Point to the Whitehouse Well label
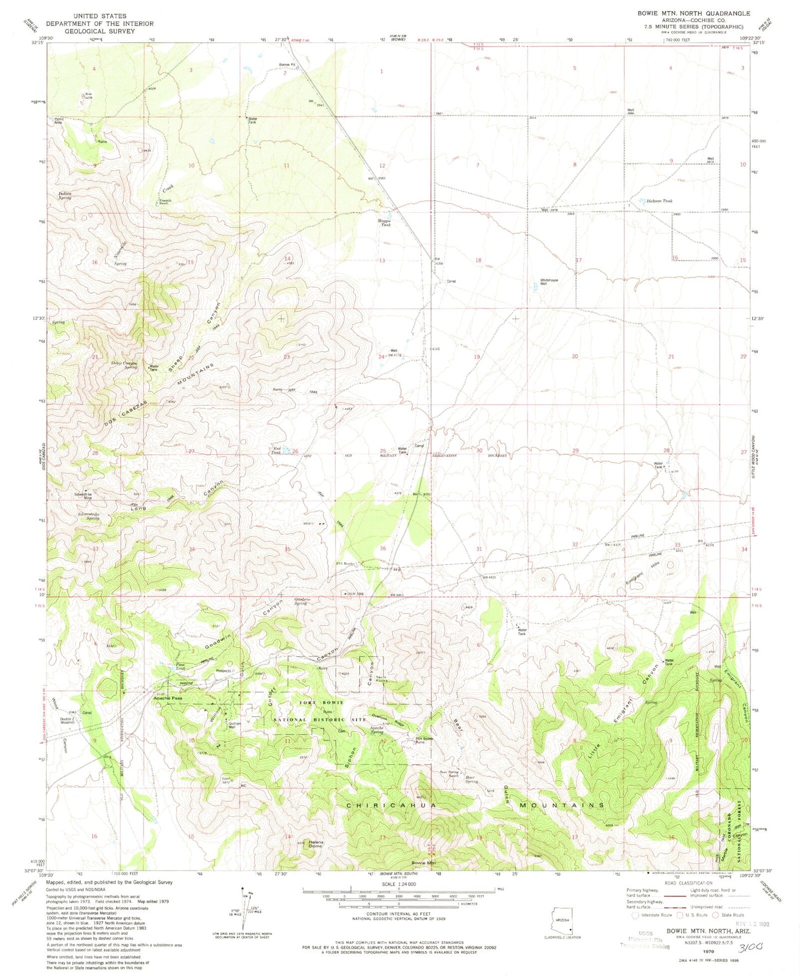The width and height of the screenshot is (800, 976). coord(549,282)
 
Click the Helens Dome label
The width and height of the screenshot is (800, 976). coord(315,844)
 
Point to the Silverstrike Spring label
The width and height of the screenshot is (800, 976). coord(85,516)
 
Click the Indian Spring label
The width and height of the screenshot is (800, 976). coord(65,195)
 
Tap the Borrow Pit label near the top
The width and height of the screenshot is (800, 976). coord(288,64)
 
